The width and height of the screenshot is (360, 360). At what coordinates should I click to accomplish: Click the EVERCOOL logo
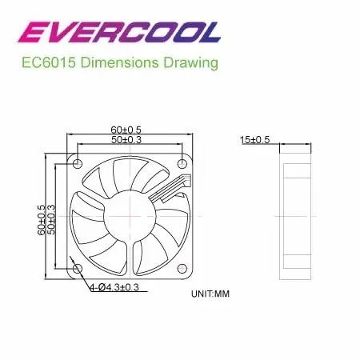[x=119, y=32]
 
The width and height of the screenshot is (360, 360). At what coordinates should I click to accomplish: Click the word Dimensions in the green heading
[x=119, y=63]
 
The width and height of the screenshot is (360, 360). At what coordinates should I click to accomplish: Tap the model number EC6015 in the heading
[x=49, y=63]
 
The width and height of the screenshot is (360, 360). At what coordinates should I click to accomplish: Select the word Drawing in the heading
[x=190, y=63]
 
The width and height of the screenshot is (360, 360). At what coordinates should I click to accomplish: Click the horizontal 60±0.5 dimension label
[x=126, y=130]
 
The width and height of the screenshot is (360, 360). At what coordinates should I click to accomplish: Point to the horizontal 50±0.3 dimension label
[x=126, y=139]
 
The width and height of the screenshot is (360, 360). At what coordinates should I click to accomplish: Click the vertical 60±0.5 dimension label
[x=42, y=220]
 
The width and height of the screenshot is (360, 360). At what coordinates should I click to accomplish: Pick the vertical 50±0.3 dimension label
[x=51, y=219]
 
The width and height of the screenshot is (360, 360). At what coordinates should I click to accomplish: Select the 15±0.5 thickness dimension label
[x=255, y=140]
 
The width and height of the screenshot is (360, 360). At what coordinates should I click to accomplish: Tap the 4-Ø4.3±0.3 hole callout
[x=114, y=287]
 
